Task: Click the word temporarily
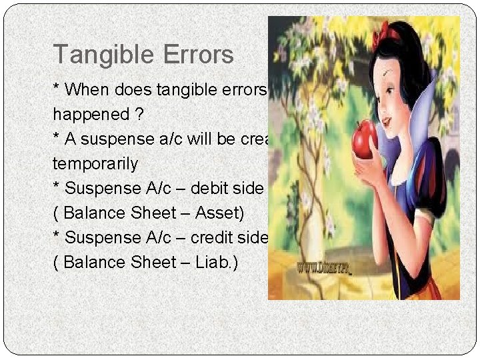(95, 164)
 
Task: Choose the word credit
(201, 237)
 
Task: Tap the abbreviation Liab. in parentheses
(219, 262)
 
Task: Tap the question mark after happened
(139, 115)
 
